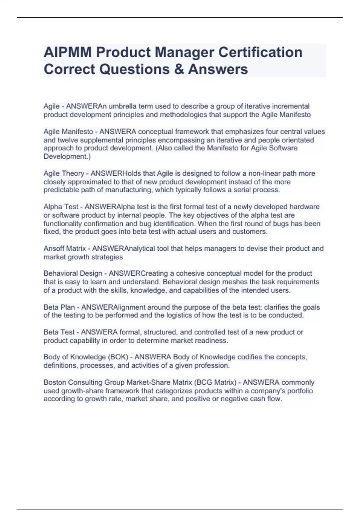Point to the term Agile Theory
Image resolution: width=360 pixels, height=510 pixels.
coord(64,173)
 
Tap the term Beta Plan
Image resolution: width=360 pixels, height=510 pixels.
coord(59,307)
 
